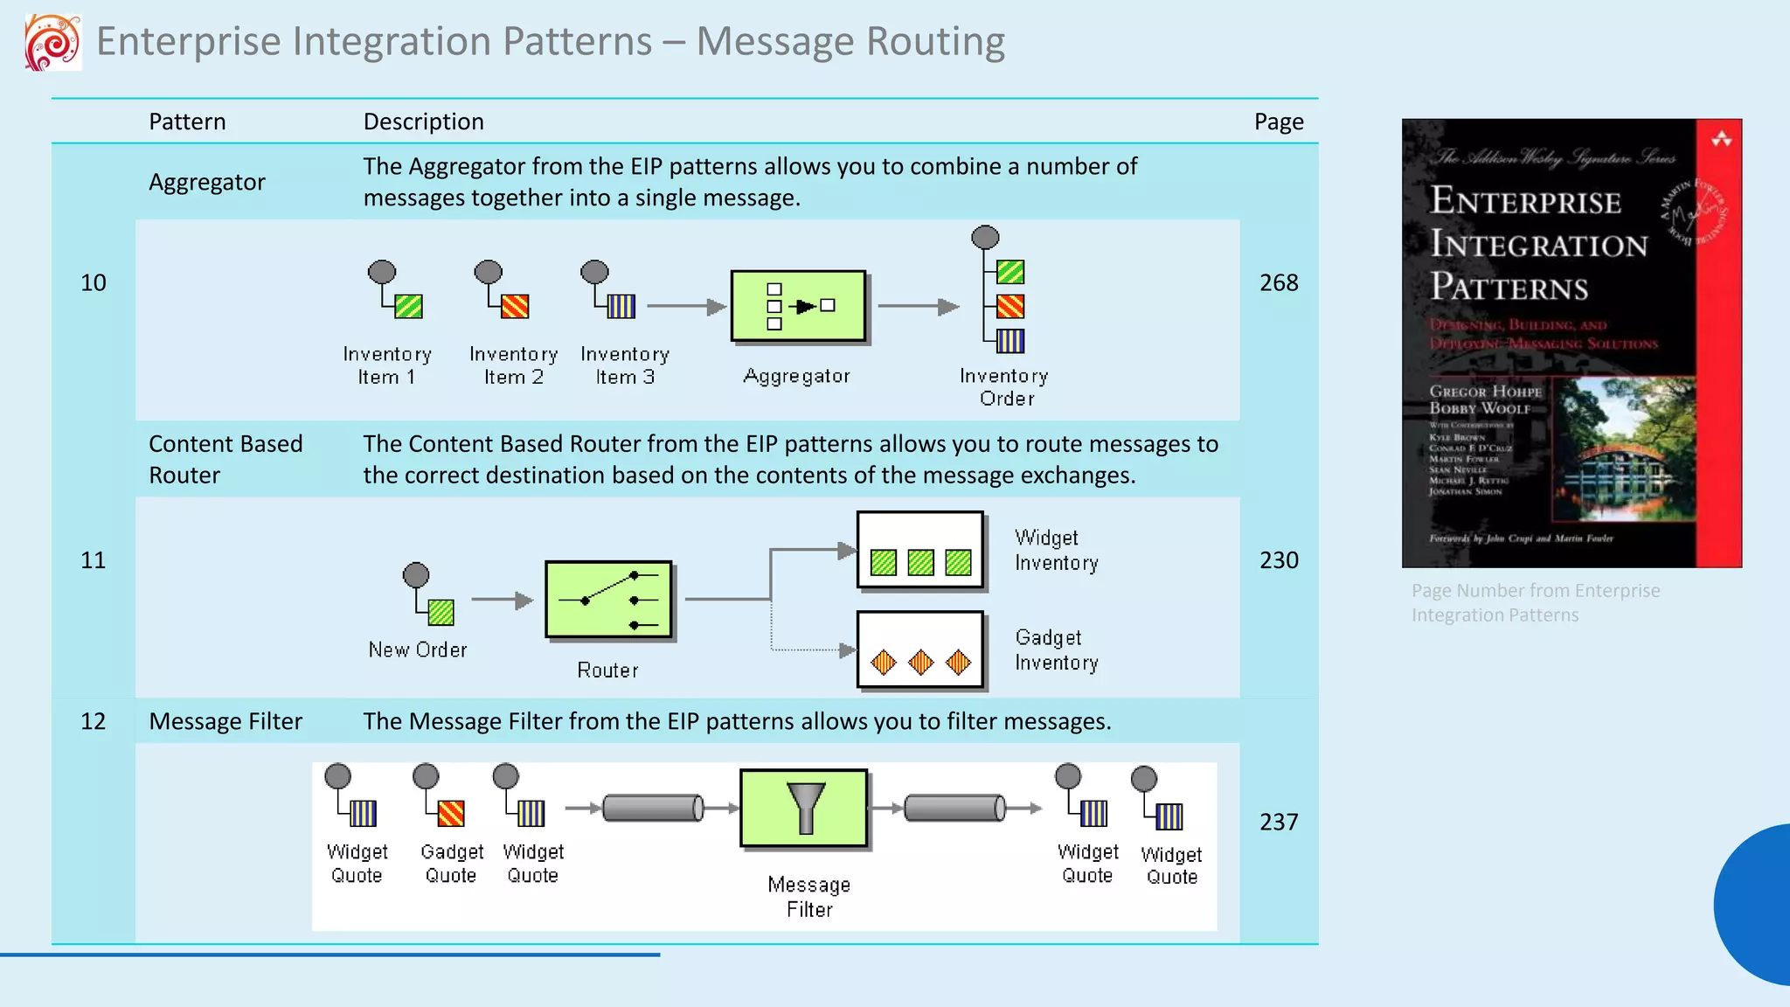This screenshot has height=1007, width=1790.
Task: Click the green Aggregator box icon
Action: point(798,306)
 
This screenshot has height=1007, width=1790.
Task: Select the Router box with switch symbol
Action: point(608,600)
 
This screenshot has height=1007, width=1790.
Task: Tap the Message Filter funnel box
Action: point(804,809)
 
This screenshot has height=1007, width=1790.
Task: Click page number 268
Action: point(1278,282)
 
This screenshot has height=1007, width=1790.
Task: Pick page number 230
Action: point(1278,559)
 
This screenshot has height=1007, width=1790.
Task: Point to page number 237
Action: point(1278,822)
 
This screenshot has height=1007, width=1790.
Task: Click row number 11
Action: point(93,559)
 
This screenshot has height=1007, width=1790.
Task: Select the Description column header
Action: point(423,122)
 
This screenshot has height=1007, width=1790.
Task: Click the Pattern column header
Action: point(187,122)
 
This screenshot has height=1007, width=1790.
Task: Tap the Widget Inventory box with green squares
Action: point(920,551)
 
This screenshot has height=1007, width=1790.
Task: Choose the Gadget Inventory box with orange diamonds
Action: point(920,650)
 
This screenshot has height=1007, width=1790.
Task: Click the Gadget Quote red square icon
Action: point(451,813)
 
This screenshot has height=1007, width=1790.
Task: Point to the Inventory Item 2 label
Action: point(513,365)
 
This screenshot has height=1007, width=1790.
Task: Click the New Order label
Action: point(418,649)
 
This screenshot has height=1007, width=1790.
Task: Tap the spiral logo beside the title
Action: point(52,42)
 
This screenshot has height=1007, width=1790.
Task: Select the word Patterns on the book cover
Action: point(1509,287)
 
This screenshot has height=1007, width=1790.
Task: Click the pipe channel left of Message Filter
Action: point(653,808)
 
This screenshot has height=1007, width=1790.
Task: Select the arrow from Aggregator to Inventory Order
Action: point(918,306)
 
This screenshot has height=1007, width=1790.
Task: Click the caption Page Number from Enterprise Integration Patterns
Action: point(1535,602)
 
